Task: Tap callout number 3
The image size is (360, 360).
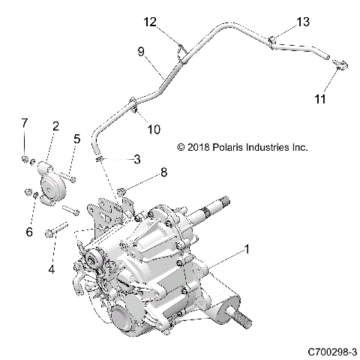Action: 136,158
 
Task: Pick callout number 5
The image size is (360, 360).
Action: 76,138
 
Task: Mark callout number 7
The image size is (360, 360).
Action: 25,122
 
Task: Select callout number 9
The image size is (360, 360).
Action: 140,52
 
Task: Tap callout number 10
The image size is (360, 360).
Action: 153,129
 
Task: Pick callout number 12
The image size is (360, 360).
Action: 150,22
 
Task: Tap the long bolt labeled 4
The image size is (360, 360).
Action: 58,228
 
